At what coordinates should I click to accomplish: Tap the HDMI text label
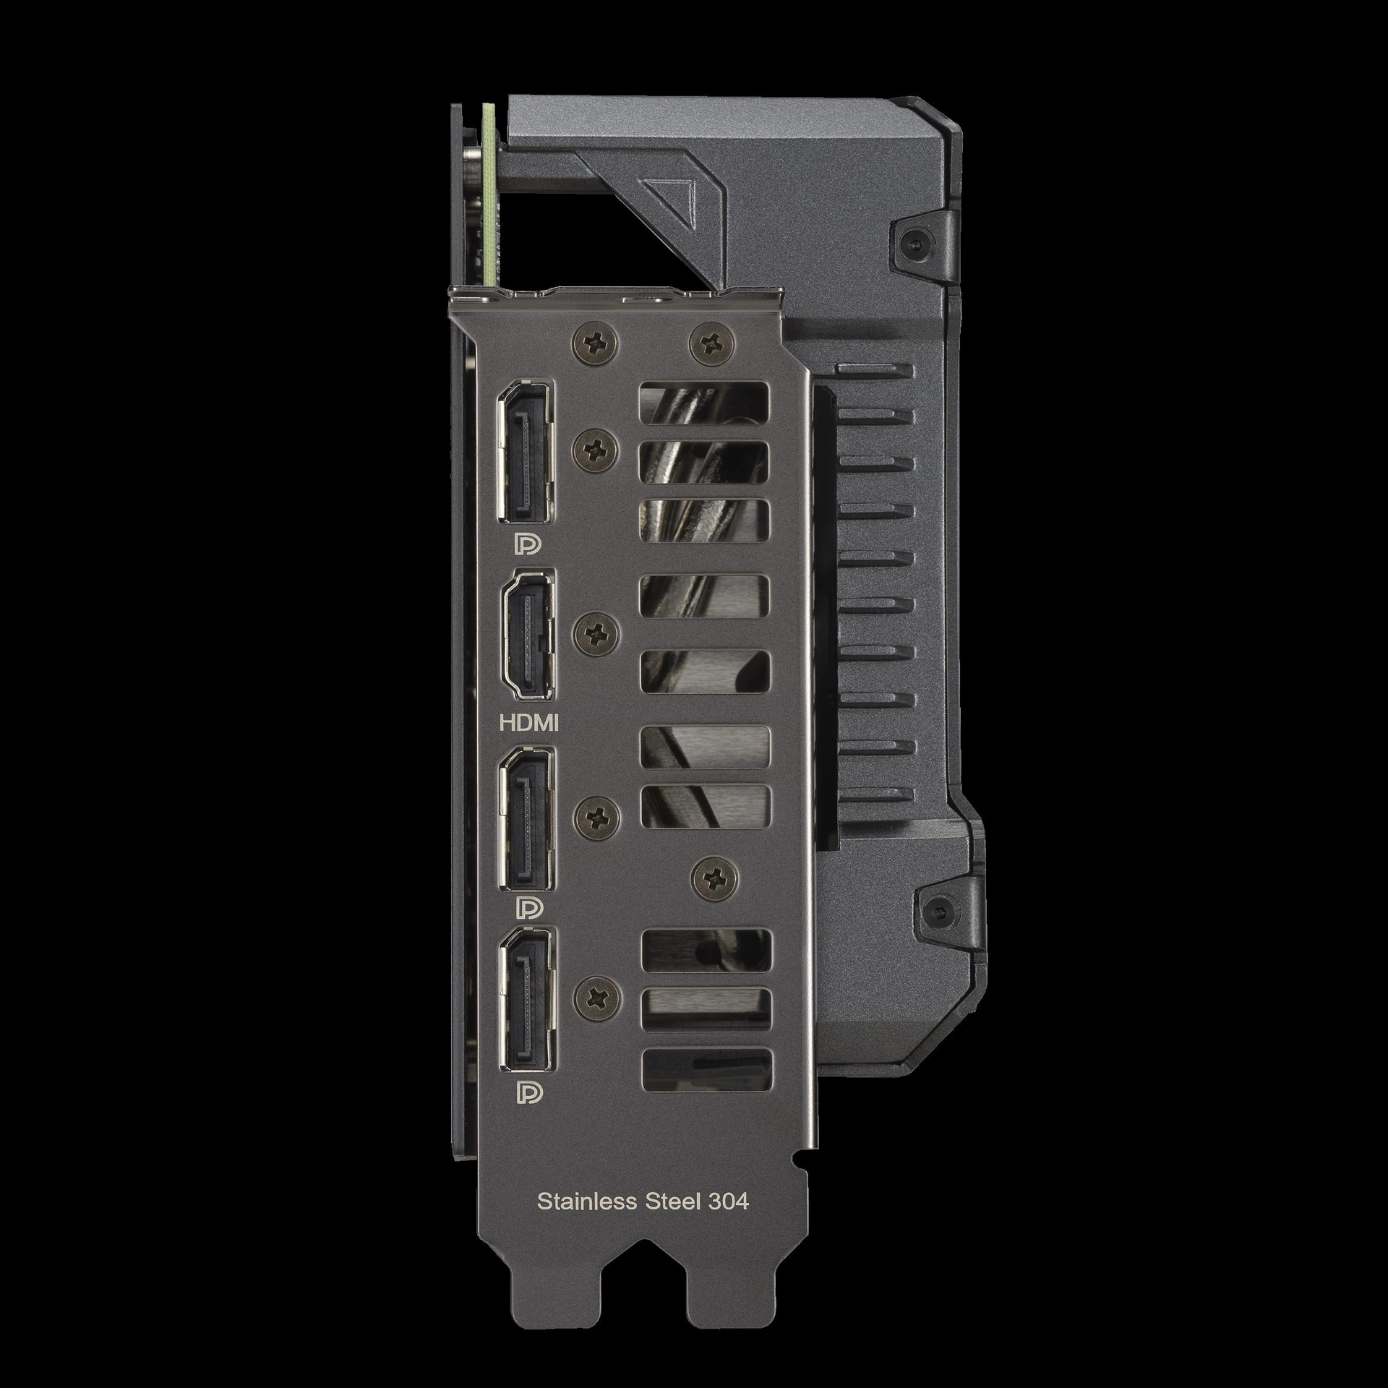point(529,722)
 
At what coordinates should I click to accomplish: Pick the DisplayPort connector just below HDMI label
point(526,819)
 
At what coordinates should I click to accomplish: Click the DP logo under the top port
point(526,546)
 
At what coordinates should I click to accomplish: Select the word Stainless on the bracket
point(587,1201)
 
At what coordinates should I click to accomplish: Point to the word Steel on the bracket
point(672,1201)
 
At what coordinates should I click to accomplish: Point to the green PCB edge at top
point(491,195)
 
